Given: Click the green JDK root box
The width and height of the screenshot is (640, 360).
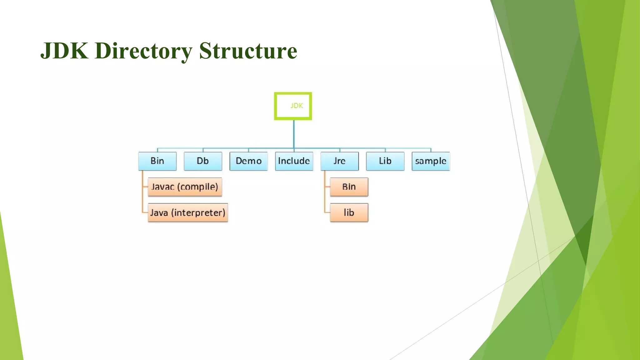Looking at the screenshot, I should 293,106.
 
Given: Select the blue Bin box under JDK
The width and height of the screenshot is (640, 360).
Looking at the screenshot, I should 157,161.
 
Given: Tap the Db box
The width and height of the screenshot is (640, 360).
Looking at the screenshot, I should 203,161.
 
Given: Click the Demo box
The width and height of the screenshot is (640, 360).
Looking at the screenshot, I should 248,161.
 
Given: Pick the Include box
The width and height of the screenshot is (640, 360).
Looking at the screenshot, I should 294,161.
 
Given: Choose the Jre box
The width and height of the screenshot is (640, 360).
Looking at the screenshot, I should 339,161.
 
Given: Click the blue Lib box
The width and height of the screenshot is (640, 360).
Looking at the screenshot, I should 385,161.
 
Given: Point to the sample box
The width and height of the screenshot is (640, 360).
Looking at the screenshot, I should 431,161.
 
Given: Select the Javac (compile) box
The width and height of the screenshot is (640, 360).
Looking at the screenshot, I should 185,187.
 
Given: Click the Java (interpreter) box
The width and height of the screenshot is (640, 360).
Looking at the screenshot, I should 187,213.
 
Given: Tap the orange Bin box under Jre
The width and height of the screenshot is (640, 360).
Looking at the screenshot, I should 349,187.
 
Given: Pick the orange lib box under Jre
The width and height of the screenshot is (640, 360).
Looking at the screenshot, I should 349,213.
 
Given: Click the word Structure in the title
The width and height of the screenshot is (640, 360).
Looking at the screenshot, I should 248,51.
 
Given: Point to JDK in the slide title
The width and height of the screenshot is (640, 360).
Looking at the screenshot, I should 64,51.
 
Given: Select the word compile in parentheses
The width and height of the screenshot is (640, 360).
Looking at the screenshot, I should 197,187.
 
